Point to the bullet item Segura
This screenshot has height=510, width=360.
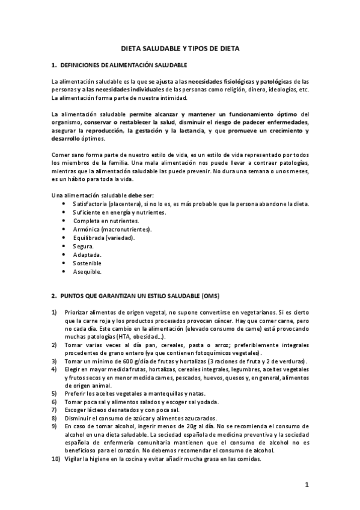83,247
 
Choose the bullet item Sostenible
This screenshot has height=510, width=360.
87,263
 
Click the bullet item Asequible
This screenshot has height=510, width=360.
87,272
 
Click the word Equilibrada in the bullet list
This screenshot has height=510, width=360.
89,238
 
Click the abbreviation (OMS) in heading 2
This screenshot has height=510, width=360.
212,296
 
